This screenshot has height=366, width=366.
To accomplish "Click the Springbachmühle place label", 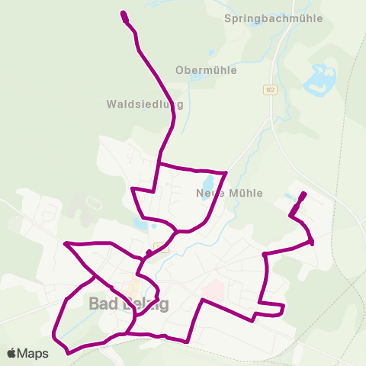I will pyautogui.click(x=274, y=18).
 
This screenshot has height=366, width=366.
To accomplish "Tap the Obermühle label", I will pyautogui.click(x=206, y=70).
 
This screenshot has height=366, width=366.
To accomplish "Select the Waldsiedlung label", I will pyautogui.click(x=146, y=104).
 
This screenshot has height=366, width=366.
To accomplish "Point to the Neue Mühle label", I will pyautogui.click(x=230, y=193).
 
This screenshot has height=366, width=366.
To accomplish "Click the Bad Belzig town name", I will pyautogui.click(x=129, y=303).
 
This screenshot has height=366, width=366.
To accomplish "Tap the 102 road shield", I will pyautogui.click(x=269, y=90).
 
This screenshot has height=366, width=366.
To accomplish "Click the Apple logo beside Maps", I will pyautogui.click(x=11, y=353).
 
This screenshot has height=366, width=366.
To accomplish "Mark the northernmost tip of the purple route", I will pyautogui.click(x=124, y=13).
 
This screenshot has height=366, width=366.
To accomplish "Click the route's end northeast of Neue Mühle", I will pyautogui.click(x=304, y=194).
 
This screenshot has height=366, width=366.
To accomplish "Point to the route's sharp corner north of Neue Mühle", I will pyautogui.click(x=226, y=173).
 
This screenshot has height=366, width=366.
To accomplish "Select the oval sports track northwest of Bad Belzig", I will pyautogui.click(x=94, y=203).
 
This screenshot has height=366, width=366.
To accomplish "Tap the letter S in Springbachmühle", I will pyautogui.click(x=229, y=18).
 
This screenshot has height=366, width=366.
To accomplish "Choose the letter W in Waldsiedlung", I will pyautogui.click(x=111, y=104).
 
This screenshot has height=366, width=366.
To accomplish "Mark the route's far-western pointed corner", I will pyautogui.click(x=66, y=244).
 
